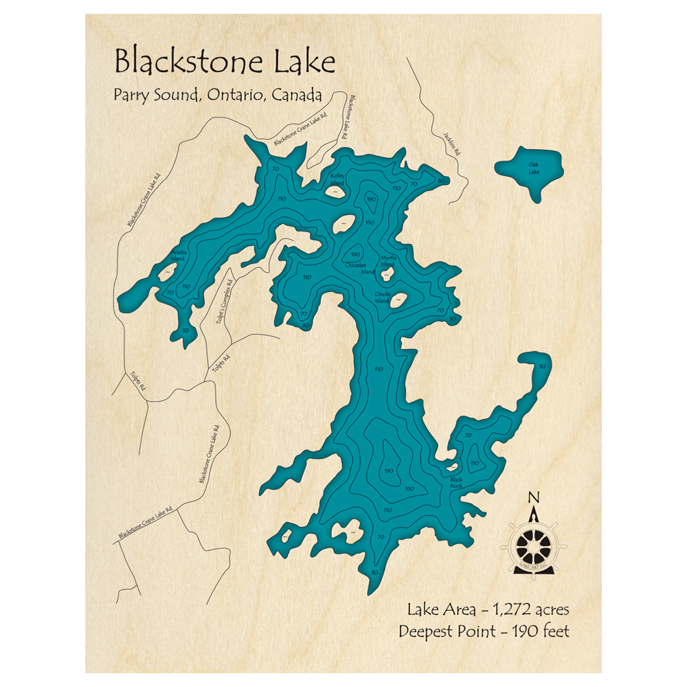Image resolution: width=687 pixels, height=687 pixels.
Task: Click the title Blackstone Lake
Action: click(225, 62)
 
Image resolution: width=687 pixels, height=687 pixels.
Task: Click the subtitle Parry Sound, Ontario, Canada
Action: click(218, 95)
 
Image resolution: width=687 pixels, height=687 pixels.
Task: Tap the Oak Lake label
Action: click(534, 168)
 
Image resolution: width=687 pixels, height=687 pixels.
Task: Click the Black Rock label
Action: click(456, 483)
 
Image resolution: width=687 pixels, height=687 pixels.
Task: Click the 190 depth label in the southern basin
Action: click(388, 471)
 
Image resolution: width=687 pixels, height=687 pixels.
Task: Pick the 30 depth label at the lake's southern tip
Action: click(374, 572)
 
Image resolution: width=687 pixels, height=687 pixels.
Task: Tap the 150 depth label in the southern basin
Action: click(409, 488)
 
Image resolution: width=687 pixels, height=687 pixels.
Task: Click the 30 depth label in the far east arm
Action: click(542, 366)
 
